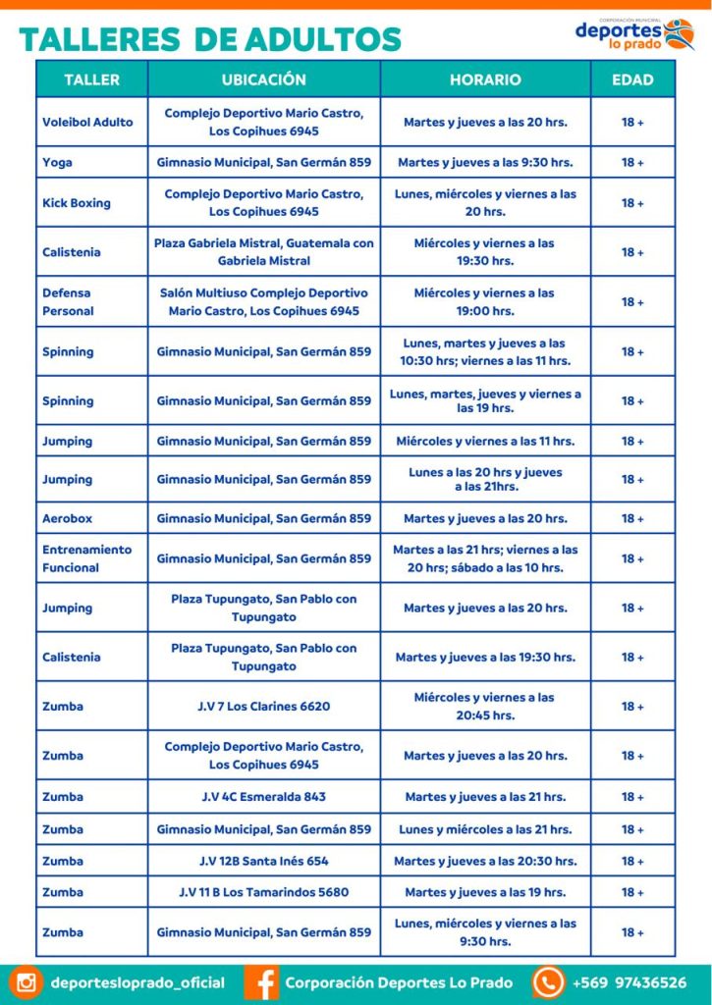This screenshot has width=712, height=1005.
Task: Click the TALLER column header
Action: tap(91, 79)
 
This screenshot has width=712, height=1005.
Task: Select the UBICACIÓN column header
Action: tap(263, 79)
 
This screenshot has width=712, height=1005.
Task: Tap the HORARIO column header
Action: tap(485, 79)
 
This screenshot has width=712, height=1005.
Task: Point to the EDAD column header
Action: tap(632, 79)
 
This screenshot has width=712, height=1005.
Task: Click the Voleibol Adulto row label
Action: tap(87, 123)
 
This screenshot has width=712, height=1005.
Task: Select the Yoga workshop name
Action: tap(57, 162)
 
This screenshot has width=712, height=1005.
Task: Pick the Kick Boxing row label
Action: tap(77, 203)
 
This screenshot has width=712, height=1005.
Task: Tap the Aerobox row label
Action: tap(67, 518)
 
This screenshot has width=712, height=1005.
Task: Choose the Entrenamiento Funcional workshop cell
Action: tap(86, 558)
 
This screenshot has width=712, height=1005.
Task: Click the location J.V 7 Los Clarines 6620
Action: tap(263, 707)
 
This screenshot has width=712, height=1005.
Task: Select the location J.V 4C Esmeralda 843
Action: tap(263, 797)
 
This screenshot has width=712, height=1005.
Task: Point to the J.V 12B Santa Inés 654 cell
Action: tap(263, 861)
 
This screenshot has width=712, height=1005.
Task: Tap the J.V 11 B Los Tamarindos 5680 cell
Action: tap(263, 892)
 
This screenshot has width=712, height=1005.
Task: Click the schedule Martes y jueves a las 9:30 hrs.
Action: tap(485, 162)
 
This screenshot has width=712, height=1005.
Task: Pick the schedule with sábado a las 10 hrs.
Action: tap(485, 558)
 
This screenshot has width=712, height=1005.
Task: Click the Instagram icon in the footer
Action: tap(26, 982)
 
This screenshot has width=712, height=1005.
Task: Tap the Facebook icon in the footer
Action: tap(261, 982)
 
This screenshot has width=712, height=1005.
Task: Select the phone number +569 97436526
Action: tap(629, 982)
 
